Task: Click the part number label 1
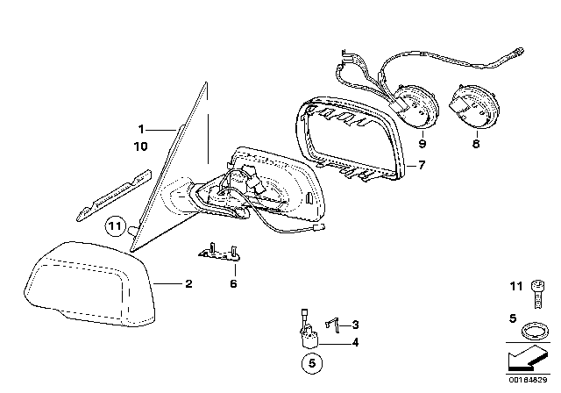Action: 140,127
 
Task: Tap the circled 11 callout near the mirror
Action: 113,227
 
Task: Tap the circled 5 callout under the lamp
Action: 313,361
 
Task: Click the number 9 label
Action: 422,142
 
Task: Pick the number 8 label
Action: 476,142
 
